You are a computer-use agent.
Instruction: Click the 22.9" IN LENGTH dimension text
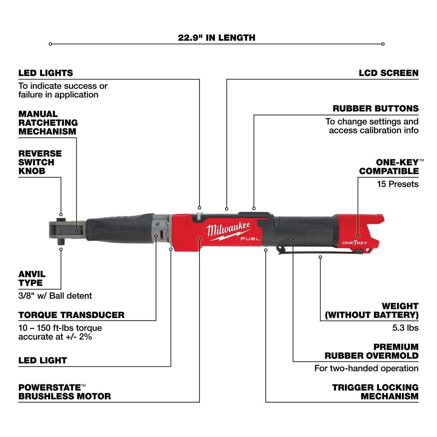pos(216,38)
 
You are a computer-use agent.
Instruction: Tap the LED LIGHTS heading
pos(45,73)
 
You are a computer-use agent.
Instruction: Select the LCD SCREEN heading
pos(388,73)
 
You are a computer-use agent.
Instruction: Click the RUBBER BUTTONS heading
pos(376,108)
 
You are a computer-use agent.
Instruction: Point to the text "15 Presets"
pos(397,184)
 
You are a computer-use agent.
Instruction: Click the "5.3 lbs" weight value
pos(405,328)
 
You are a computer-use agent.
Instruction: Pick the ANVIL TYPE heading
pos(32,279)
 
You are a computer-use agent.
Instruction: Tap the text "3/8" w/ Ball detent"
pos(55,296)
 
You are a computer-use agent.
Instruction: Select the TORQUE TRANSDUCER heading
pos(71,315)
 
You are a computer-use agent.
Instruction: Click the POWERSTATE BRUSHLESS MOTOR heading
pos(64,392)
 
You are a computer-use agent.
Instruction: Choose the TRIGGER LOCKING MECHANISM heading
pos(375,392)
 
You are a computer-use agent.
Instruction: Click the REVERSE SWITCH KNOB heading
pos(40,162)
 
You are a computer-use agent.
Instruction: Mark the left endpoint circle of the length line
pos(50,44)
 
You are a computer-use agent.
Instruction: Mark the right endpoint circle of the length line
pos(383,44)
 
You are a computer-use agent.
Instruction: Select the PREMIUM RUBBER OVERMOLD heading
pos(371,351)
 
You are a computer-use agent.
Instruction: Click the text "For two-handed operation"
pos(366,368)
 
